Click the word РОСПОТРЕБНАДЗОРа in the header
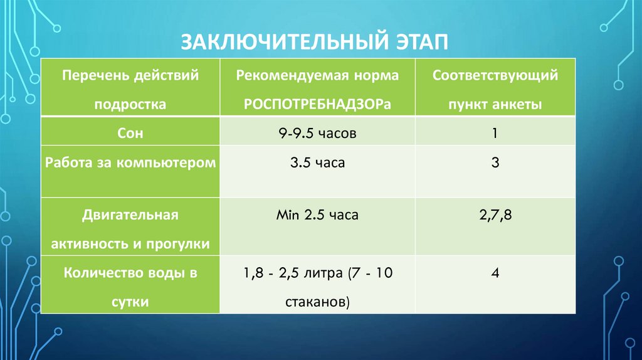pos(317,104)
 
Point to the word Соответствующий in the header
pos(495,76)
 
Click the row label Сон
pos(130,134)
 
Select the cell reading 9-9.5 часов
pos(317,134)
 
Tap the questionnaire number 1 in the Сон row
pos(495,134)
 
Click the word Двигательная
pos(130,215)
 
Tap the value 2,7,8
pos(495,215)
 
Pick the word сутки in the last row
pos(130,302)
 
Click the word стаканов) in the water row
pos(317,302)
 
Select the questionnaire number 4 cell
pos(495,273)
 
